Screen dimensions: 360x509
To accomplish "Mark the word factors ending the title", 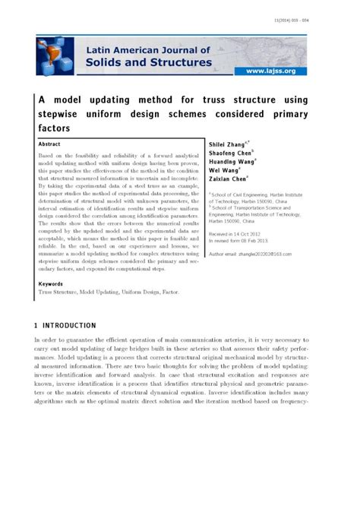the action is coord(52,128).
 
